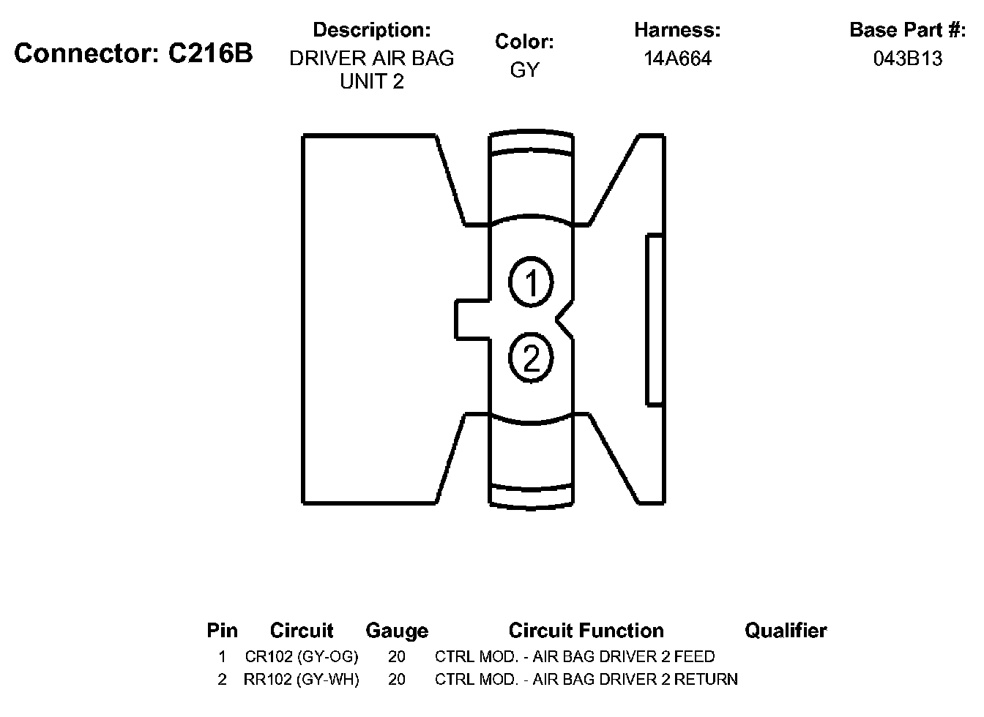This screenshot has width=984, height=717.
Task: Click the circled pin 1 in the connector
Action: (x=532, y=282)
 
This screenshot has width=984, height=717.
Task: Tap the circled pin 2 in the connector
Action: (x=532, y=358)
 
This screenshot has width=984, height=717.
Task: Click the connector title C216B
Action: (x=133, y=53)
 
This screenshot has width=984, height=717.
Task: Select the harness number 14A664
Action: (x=677, y=59)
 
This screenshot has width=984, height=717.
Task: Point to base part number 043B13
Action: (x=908, y=59)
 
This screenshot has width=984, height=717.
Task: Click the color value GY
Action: (x=524, y=70)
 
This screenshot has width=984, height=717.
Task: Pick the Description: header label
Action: (x=371, y=30)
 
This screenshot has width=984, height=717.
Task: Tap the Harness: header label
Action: (x=677, y=30)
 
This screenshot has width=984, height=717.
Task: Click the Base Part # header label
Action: (x=907, y=30)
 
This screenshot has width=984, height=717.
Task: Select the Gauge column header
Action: (x=397, y=631)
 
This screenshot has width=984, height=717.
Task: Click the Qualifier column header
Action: (x=786, y=631)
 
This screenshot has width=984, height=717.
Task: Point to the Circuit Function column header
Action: (x=586, y=631)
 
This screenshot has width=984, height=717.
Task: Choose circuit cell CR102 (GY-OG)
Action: (x=302, y=656)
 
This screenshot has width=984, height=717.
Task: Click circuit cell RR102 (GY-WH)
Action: (x=302, y=680)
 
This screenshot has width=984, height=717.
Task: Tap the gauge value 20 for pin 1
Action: (x=397, y=656)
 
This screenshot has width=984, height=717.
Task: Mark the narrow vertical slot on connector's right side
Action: (x=655, y=320)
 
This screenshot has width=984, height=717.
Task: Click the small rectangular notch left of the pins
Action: (x=472, y=320)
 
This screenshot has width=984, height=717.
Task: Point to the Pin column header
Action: (x=222, y=631)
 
